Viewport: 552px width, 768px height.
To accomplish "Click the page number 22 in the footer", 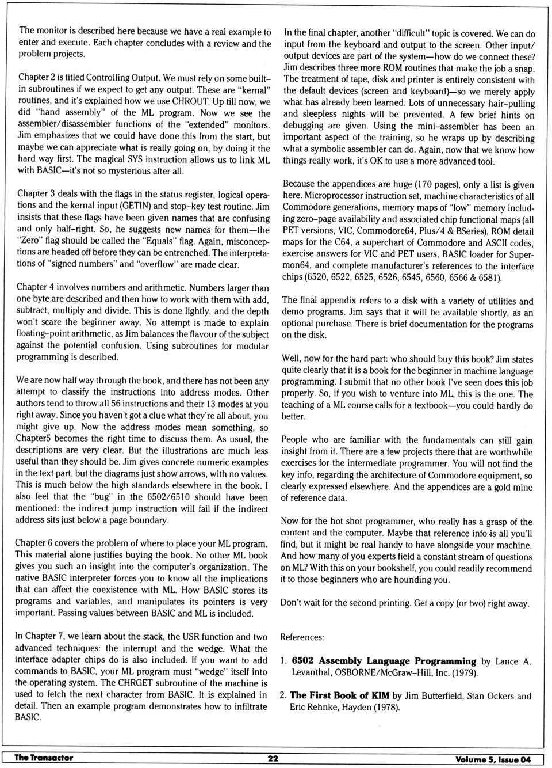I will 273,758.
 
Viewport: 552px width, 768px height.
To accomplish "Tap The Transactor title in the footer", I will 44,758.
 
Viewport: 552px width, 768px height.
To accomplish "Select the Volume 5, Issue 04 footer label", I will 493,759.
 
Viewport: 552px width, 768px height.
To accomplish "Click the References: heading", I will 302,637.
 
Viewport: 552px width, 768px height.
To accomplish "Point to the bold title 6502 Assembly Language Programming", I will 384,661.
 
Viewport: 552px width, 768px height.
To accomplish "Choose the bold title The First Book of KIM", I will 339,695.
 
